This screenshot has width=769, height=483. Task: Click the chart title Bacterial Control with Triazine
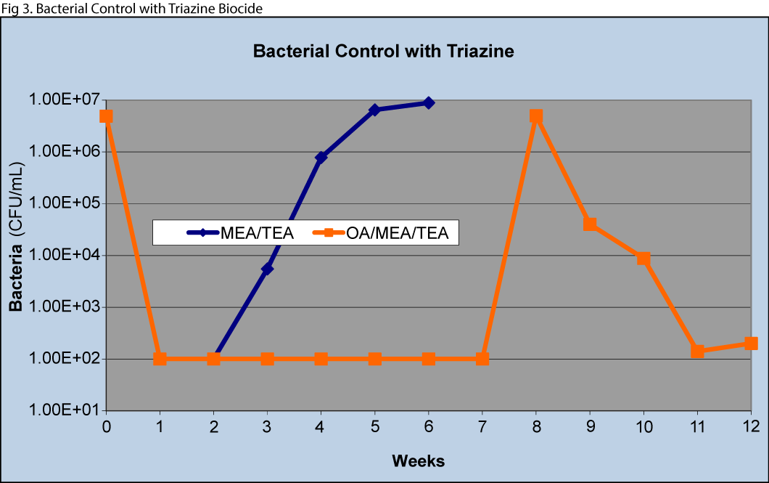(x=384, y=52)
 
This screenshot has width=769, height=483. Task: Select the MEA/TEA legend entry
(x=240, y=233)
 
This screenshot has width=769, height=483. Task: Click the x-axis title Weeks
(x=418, y=460)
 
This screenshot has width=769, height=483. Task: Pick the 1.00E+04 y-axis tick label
(x=65, y=255)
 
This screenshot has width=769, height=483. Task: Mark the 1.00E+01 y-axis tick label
(x=65, y=410)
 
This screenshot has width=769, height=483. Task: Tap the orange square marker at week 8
(x=536, y=116)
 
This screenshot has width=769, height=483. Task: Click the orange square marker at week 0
(x=107, y=116)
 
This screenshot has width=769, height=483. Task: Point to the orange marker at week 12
(x=751, y=344)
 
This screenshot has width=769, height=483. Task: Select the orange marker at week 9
(x=590, y=224)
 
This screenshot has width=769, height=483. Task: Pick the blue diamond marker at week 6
(x=429, y=103)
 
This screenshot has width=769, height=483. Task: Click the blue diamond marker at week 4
(x=321, y=158)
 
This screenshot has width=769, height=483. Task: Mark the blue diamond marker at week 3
(x=268, y=269)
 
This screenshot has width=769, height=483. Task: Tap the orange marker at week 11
(x=697, y=352)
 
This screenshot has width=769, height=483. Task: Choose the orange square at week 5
(x=375, y=359)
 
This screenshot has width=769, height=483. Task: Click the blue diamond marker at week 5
(x=375, y=110)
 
